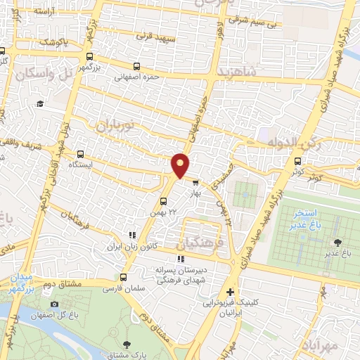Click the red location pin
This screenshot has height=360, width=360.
(180, 165)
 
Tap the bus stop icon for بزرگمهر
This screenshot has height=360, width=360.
(89, 57)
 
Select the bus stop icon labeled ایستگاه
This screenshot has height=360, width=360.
(81, 154)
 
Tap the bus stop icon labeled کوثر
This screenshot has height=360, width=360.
(297, 161)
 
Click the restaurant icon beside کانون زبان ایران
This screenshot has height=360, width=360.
(131, 236)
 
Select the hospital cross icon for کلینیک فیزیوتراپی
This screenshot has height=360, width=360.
(231, 292)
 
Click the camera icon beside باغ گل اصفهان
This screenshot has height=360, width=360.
(54, 304)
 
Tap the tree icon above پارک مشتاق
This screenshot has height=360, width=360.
(127, 345)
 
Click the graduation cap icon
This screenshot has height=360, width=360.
(41, 103)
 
